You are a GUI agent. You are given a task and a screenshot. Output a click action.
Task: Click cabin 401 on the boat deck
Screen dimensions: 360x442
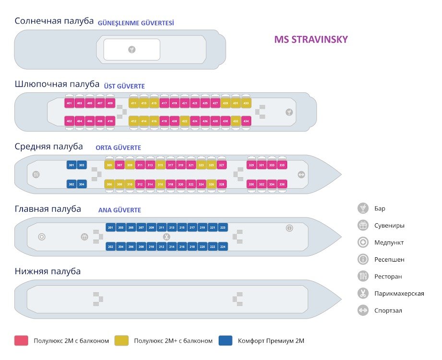69,103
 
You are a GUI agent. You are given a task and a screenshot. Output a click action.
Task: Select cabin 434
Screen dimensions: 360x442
246,121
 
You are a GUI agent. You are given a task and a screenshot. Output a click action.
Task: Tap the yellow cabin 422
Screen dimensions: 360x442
184,121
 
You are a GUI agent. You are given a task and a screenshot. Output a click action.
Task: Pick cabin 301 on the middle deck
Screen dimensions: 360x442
72,165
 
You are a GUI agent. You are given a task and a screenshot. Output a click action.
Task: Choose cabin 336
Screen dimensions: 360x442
282,184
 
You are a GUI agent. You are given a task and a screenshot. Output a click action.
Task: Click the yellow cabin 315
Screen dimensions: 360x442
160,165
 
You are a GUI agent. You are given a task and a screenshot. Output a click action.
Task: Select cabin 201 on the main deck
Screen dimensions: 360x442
110,228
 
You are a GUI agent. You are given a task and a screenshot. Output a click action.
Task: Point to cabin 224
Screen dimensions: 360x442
222,247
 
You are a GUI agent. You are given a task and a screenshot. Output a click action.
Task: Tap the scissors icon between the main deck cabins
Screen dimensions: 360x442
167,237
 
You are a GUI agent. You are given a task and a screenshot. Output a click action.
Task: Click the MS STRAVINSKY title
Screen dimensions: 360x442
311,39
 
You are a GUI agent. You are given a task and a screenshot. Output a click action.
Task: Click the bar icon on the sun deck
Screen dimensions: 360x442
132,49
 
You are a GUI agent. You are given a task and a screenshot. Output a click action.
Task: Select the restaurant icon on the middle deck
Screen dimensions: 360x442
36,175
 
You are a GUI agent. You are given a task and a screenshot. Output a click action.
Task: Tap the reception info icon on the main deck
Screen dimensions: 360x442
289,228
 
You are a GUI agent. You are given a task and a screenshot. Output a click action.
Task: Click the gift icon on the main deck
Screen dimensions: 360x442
84,237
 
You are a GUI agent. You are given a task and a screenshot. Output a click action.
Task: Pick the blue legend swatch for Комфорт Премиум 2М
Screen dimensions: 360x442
226,341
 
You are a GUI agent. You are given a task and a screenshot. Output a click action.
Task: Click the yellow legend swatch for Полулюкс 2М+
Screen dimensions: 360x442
122,341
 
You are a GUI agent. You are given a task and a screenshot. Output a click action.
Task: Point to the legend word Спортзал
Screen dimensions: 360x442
388,311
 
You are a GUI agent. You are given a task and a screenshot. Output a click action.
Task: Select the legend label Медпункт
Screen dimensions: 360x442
389,242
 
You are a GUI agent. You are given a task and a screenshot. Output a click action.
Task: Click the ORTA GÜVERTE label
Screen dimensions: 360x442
118,148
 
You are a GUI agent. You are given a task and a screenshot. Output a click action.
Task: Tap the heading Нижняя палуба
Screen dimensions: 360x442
48,271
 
